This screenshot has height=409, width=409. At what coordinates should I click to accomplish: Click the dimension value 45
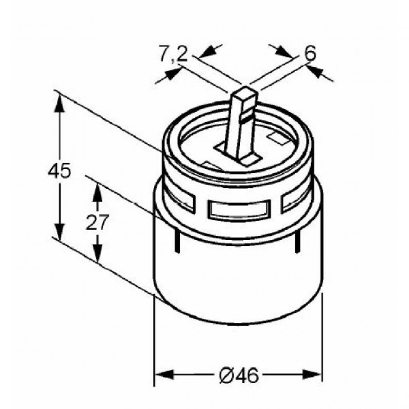[59, 171]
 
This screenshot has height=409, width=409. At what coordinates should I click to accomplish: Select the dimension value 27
[97, 222]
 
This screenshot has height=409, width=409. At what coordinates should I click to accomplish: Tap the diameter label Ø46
[239, 376]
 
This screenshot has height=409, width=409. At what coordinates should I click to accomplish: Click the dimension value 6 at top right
[310, 53]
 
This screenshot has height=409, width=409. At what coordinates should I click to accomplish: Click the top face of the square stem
[245, 93]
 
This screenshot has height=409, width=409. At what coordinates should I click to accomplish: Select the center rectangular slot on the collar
[239, 209]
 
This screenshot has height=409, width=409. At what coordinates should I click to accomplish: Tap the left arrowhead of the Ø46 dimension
[164, 374]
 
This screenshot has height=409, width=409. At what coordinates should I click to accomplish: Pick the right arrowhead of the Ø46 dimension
[312, 374]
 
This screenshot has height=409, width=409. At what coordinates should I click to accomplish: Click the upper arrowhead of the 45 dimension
[60, 104]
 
